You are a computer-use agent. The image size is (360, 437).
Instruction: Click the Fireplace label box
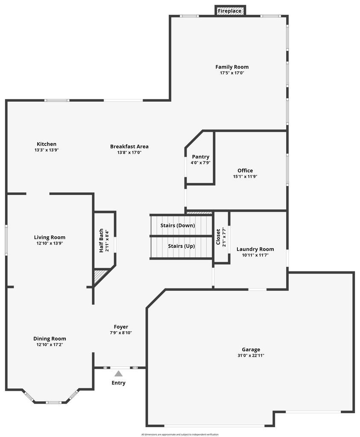pos(230,11)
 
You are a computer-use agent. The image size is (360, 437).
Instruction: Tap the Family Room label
pos(232,67)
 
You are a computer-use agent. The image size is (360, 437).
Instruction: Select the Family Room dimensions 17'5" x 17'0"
pos(232,73)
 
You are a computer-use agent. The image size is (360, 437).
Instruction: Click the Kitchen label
pos(47,144)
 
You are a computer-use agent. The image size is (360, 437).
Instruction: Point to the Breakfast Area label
pos(129,146)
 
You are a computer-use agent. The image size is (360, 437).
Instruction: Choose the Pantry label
pos(201,157)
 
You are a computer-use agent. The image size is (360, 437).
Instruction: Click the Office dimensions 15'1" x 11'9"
pos(245,176)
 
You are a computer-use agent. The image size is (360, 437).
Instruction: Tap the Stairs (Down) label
pos(178,225)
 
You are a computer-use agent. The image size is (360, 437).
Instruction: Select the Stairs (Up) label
pos(181,246)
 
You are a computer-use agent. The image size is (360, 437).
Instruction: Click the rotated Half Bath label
pos(102,241)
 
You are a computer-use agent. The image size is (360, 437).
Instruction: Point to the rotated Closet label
pos(218,237)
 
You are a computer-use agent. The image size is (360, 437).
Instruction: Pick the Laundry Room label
pos(255,249)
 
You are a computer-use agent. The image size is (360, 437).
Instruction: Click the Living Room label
pos(50,238)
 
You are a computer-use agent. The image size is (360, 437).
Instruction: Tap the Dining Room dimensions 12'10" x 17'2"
pos(50,344)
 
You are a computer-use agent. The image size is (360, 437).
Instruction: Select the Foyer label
pos(121,327)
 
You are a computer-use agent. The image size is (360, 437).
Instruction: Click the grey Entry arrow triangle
pos(118,373)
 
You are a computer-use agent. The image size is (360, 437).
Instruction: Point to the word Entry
pos(119,383)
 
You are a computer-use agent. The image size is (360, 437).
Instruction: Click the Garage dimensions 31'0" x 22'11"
pos(251,355)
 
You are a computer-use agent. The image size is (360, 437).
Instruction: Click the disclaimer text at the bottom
pos(180,434)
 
